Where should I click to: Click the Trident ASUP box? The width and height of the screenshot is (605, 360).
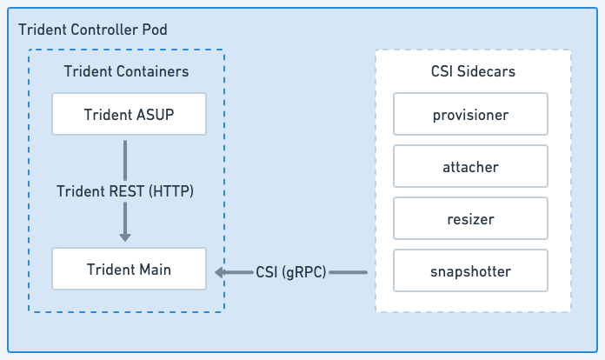[129, 114]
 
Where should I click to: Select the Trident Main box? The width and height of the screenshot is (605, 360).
[129, 269]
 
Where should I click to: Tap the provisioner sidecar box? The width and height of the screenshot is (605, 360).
[470, 114]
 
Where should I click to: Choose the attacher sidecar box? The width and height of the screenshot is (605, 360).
[470, 166]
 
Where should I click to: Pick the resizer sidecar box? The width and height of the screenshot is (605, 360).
[470, 218]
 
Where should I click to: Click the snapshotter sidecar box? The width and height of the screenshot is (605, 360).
[470, 271]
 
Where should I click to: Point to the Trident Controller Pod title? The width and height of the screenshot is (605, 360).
[93, 30]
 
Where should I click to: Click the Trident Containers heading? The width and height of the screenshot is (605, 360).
[127, 70]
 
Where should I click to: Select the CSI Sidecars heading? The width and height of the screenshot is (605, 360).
[473, 71]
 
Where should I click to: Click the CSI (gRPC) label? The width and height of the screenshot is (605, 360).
[291, 272]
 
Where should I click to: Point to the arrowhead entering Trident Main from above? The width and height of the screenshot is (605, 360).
[125, 236]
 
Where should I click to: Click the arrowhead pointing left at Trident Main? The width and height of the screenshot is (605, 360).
[220, 272]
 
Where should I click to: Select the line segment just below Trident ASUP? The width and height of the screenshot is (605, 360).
[125, 158]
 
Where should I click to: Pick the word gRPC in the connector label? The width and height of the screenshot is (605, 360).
[303, 272]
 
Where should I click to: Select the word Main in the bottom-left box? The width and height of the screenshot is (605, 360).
[152, 269]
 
